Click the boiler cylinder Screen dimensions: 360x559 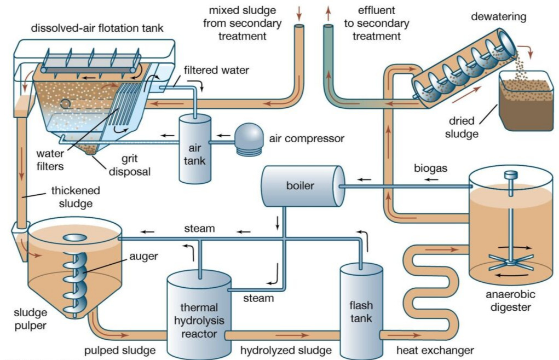[301, 186]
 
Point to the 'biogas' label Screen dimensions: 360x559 [431, 169]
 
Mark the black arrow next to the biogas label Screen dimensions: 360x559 [364, 179]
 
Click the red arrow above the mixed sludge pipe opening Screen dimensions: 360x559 [298, 11]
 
